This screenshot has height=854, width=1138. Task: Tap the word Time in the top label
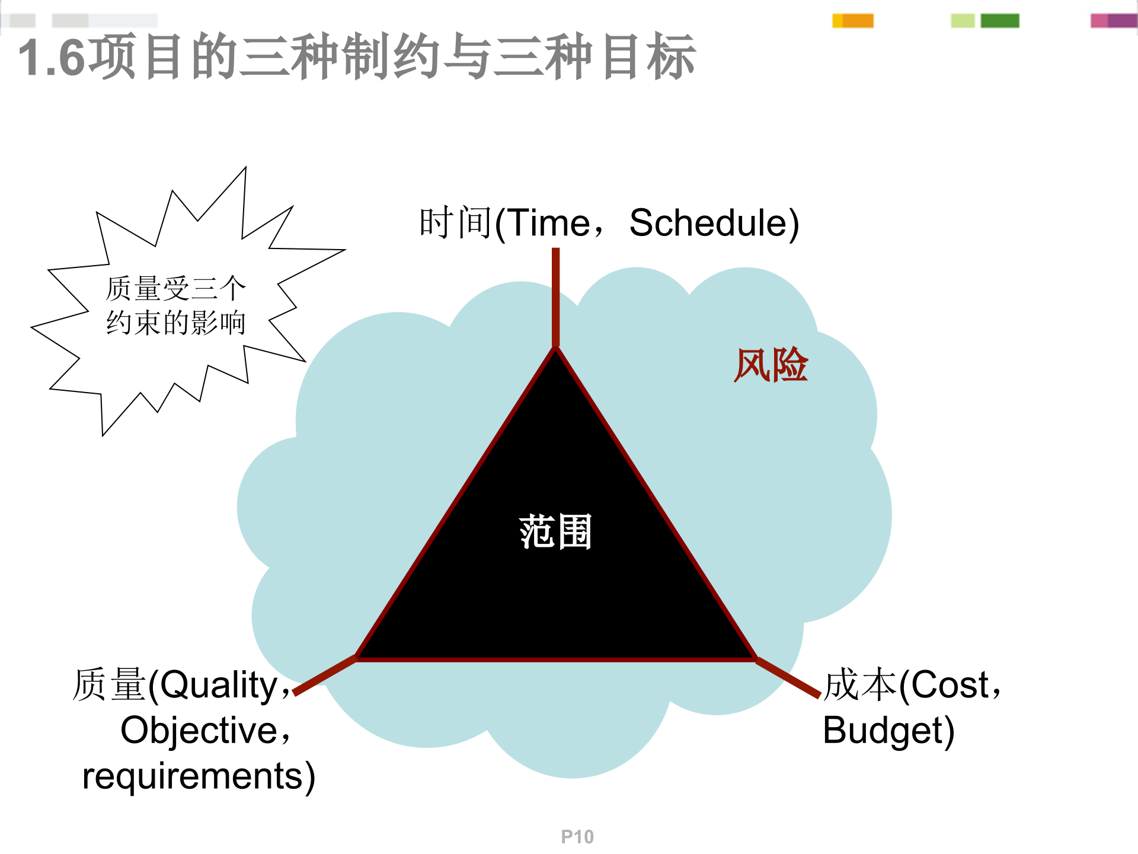(549, 224)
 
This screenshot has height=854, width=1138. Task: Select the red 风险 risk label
(771, 365)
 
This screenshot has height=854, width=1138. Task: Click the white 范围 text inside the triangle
(555, 531)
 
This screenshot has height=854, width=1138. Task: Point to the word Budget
(888, 731)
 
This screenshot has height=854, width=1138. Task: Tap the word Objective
(199, 731)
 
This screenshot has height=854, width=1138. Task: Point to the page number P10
(577, 837)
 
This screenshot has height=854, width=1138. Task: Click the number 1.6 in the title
(52, 58)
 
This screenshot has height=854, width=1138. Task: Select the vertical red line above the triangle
(555, 297)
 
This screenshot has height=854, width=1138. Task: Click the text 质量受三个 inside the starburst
(175, 289)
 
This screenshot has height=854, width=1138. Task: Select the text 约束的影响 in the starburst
(175, 323)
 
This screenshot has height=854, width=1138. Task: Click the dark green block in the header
(999, 21)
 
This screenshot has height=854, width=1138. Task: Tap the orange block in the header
(858, 21)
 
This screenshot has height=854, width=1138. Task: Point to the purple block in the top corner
(1121, 21)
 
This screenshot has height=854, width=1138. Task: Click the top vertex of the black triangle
(555, 350)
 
